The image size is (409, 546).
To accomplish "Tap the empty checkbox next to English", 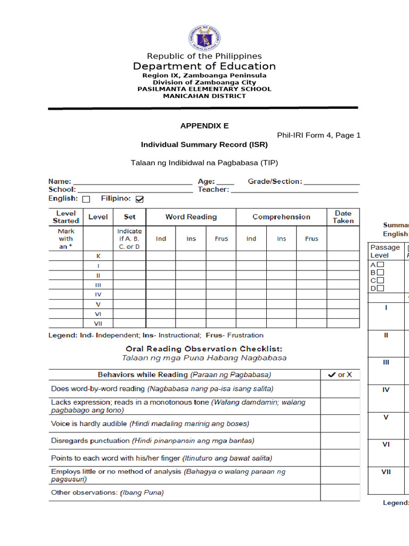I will tap(86, 199).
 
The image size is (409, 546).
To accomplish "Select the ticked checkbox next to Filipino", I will tap(140, 199).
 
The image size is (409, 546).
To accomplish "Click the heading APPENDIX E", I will tap(204, 126).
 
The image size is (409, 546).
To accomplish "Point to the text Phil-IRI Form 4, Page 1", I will tap(318, 135).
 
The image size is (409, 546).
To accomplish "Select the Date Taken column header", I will tap(343, 217).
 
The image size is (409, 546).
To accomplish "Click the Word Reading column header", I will tap(191, 217).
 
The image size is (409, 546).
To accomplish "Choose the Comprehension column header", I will tap(281, 217).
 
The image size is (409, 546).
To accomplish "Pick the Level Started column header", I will tap(66, 217).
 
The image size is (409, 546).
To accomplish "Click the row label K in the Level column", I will tap(98, 256).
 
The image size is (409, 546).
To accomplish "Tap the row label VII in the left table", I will tap(98, 323).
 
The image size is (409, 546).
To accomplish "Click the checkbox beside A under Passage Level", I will tap(381, 264).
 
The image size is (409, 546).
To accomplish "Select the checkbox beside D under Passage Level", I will tap(381, 288).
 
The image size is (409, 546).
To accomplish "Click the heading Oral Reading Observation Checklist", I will tap(204, 349).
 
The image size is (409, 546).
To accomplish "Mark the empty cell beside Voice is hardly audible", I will tap(340, 424).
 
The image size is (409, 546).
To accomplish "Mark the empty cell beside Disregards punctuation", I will tap(340, 441).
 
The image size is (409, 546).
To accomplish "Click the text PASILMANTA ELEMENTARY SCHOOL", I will tap(204, 89).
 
